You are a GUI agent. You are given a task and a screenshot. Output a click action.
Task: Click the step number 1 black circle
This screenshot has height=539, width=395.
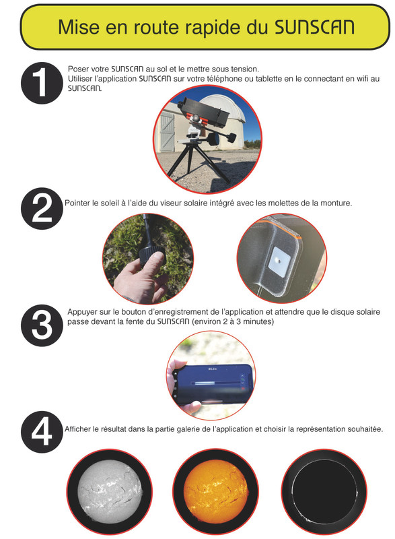click(42, 83)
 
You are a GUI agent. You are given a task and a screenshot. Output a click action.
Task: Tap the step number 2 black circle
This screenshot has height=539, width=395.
click(42, 208)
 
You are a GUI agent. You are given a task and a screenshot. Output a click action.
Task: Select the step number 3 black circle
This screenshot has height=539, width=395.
click(42, 325)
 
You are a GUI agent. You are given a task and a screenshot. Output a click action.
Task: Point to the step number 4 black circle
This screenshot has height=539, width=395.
click(42, 432)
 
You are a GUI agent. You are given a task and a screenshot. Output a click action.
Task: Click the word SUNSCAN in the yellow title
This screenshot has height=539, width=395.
click(314, 27)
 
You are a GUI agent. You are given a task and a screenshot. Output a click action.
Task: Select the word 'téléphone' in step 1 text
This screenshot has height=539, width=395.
click(227, 79)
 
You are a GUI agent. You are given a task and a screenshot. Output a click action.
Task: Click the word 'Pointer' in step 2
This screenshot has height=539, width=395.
click(76, 203)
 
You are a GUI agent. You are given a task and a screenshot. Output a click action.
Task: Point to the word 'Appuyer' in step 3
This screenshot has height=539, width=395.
click(81, 313)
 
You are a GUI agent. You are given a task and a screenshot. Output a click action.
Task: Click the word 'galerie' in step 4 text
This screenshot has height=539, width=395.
click(188, 429)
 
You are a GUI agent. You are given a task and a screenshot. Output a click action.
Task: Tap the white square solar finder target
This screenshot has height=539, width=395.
click(279, 263)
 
